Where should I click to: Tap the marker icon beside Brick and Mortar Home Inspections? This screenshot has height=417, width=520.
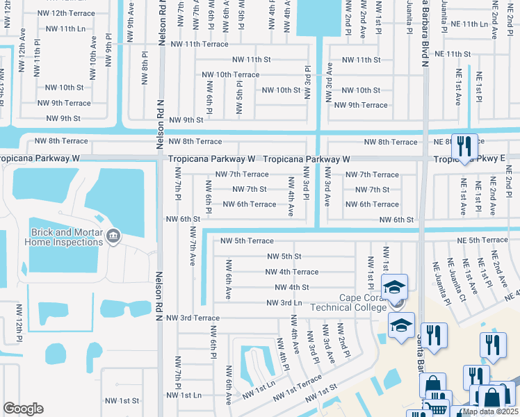point(113,237)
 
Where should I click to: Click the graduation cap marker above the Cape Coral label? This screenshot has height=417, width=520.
point(395,286)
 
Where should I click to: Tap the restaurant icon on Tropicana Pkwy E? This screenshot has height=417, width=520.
point(464,146)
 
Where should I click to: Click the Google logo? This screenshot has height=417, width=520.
point(23,408)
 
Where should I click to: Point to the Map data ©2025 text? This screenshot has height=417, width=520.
point(490,411)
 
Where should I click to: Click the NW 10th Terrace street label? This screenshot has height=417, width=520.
point(230,74)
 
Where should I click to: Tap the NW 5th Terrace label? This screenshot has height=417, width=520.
point(247,241)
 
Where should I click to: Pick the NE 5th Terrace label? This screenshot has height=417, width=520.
point(483,240)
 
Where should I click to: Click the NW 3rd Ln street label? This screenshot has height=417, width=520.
point(284,302)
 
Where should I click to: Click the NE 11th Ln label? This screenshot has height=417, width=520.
point(466,24)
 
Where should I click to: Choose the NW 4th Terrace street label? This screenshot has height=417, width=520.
point(292,272)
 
